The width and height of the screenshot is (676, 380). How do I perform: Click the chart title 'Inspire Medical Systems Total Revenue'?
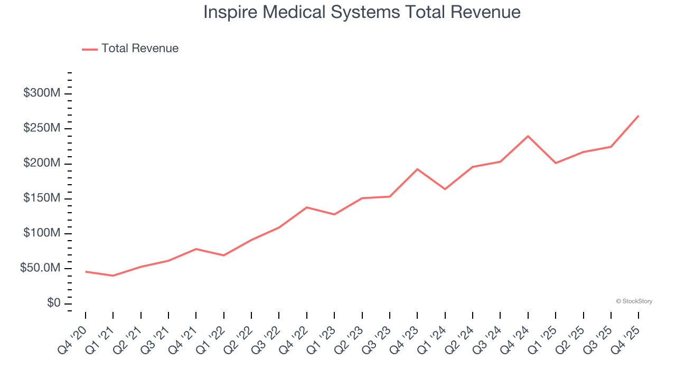pyautogui.click(x=362, y=13)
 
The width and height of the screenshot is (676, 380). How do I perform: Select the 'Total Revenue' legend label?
pyautogui.click(x=140, y=49)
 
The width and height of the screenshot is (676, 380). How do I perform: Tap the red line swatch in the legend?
pyautogui.click(x=90, y=49)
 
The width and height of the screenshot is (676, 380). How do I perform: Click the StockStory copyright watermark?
pyautogui.click(x=634, y=301)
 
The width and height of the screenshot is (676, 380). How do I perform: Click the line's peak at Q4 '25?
pyautogui.click(x=639, y=116)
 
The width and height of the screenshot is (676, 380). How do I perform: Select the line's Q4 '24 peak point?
pyautogui.click(x=528, y=136)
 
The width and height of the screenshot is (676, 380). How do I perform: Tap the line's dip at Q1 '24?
pyautogui.click(x=445, y=189)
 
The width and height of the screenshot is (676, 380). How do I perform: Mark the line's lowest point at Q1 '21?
pyautogui.click(x=113, y=275)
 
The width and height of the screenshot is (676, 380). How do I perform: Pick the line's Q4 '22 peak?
pyautogui.click(x=307, y=207)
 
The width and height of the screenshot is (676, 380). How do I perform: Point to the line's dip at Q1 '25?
pyautogui.click(x=556, y=163)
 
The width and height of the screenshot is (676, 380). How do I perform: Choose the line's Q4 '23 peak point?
pyautogui.click(x=417, y=169)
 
